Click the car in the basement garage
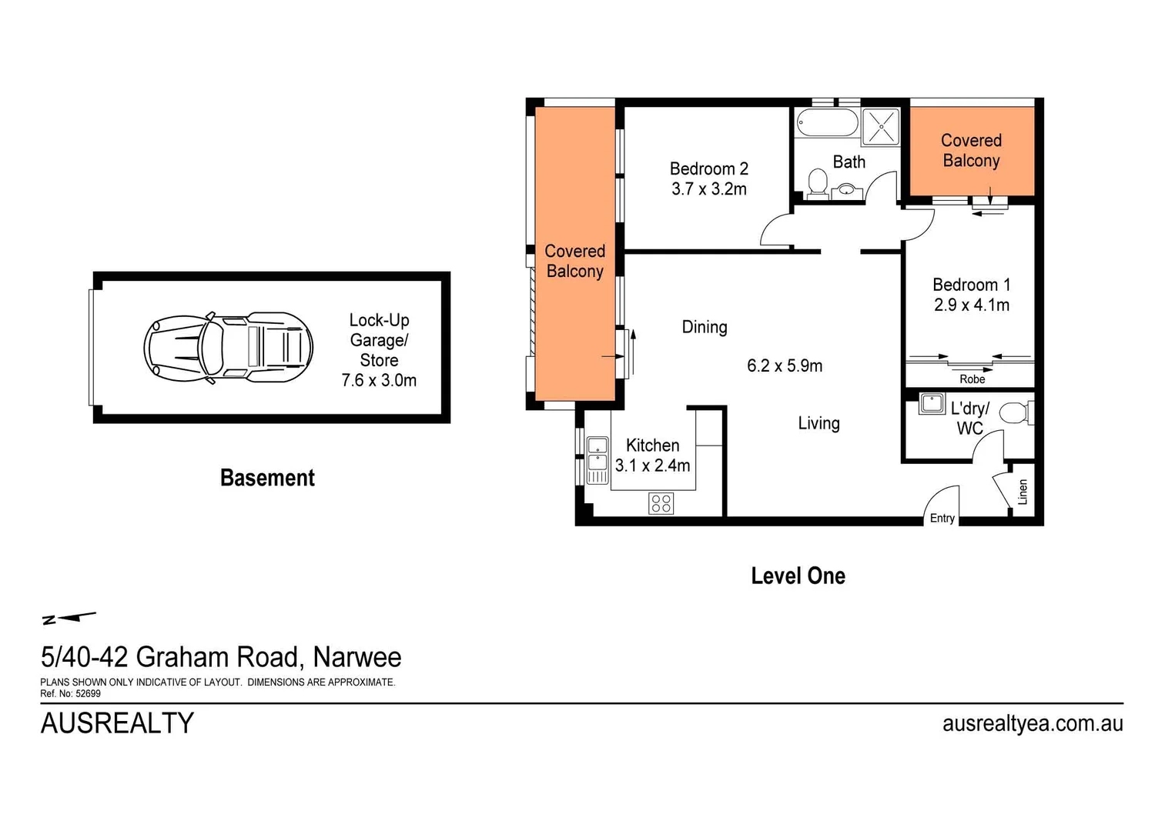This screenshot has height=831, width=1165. [228, 347]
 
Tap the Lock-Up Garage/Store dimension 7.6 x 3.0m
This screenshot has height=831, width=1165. [379, 380]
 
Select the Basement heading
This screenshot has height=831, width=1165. [267, 478]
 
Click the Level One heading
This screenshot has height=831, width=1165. [798, 576]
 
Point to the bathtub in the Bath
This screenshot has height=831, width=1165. [826, 123]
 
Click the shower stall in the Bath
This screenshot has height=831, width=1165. [880, 127]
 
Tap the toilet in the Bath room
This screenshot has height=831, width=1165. [817, 183]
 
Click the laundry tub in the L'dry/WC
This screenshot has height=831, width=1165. [932, 403]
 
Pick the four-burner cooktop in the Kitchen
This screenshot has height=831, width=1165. [661, 503]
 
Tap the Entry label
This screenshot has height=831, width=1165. [942, 518]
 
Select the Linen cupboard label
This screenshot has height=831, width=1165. [1023, 492]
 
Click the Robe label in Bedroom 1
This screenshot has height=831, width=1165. [972, 379]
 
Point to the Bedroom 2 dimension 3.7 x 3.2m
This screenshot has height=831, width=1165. [708, 189]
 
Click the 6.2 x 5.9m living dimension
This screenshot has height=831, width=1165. [785, 366]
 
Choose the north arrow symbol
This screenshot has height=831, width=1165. [69, 617]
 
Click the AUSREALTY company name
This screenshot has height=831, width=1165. [117, 723]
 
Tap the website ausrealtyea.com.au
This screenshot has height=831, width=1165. [1032, 723]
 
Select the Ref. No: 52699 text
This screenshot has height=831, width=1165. [70, 693]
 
